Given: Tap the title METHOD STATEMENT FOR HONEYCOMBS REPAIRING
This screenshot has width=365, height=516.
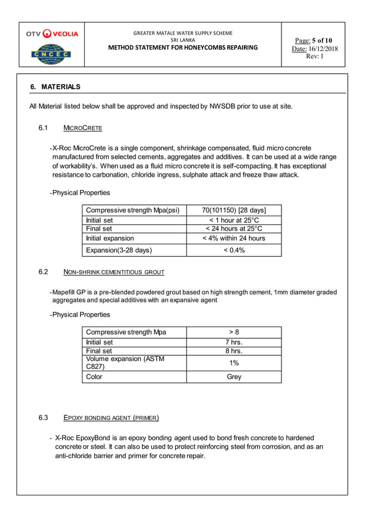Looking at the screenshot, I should tap(183, 47).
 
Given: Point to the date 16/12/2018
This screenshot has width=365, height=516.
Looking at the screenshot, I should tap(323, 49).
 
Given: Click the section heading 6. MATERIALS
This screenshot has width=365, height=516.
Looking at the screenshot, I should tap(55, 87).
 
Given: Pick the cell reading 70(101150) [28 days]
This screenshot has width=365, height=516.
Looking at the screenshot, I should tap(234, 209).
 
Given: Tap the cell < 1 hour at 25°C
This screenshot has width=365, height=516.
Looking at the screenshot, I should tap(234, 220).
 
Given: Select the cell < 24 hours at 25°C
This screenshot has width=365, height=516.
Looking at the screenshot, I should tap(234, 229).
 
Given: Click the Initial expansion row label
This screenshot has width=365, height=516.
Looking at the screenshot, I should tap(110, 238).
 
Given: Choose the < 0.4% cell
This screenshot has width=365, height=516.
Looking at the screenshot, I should tap(234, 250).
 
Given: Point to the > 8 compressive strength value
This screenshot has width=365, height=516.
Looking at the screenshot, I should tap(234, 332).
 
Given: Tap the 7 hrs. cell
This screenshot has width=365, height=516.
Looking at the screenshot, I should tap(234, 343).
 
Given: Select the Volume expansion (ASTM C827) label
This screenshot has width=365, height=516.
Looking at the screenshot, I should tap(125, 363).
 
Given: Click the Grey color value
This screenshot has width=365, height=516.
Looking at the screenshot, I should tap(234, 377).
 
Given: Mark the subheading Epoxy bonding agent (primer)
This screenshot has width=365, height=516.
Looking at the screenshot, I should tap(111, 417).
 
